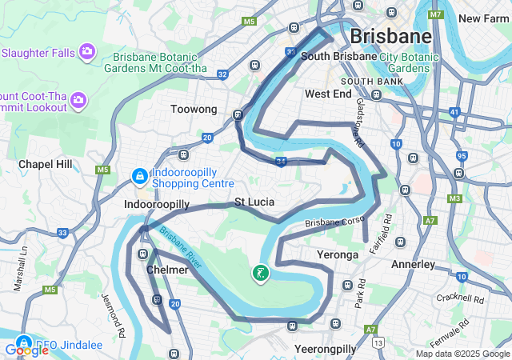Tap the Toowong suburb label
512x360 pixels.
pos(194,109)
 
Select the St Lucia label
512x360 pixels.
pos(254,202)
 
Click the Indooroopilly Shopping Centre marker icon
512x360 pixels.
pos(138,174)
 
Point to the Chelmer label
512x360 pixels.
pos(167,270)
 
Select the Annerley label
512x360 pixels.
pos(413,264)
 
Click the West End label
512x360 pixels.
pos(328,94)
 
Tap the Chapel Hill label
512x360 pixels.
pos(46,164)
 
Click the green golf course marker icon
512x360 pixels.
pos(260,274)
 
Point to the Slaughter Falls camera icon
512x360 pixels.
pos(87,53)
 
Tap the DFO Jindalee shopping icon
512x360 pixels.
pos(23,341)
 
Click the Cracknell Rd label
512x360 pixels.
pos(461,299)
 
